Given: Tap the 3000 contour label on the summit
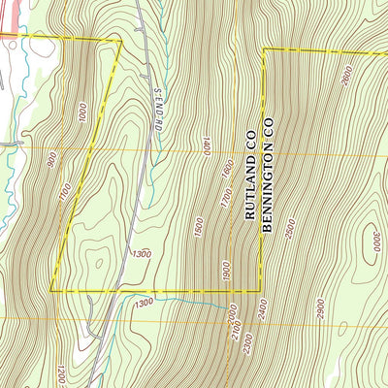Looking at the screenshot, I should (x=375, y=239).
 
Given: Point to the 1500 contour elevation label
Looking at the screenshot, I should (x=198, y=230).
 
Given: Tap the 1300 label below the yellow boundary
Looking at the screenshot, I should (x=145, y=304).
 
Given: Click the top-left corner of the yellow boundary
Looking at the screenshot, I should (x=120, y=41).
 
